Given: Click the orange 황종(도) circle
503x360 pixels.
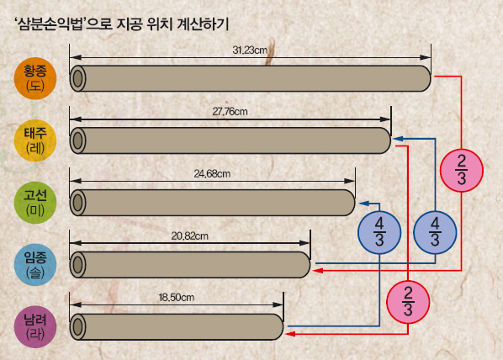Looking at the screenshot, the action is [x=35, y=78].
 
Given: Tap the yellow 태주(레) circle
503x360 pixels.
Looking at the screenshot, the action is [x=35, y=140].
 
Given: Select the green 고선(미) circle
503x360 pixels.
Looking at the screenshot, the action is [x=35, y=203].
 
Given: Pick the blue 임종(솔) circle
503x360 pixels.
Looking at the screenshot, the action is [x=35, y=265].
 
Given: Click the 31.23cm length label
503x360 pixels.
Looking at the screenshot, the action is [x=250, y=50].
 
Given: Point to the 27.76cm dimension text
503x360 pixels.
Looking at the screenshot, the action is [x=230, y=112].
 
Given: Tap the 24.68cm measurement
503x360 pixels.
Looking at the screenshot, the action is [x=212, y=173].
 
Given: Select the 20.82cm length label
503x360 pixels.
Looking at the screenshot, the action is [x=189, y=236].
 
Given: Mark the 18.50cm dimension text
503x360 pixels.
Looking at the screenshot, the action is [x=177, y=298].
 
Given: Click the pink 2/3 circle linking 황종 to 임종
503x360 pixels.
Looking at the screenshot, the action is [x=462, y=171].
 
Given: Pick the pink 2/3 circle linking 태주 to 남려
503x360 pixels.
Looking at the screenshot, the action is [x=408, y=302].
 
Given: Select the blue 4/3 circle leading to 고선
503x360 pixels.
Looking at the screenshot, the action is [x=379, y=233].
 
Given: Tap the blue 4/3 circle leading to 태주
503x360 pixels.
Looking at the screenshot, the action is [x=435, y=233].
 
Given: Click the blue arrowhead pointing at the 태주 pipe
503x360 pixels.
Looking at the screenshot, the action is [x=398, y=139].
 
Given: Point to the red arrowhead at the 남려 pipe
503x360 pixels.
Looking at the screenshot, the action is [x=290, y=334].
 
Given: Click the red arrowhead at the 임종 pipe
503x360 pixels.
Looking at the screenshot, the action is [x=318, y=271].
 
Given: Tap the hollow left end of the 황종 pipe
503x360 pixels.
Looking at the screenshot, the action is [x=77, y=78].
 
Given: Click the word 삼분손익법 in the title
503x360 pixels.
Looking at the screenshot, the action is [x=50, y=24].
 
